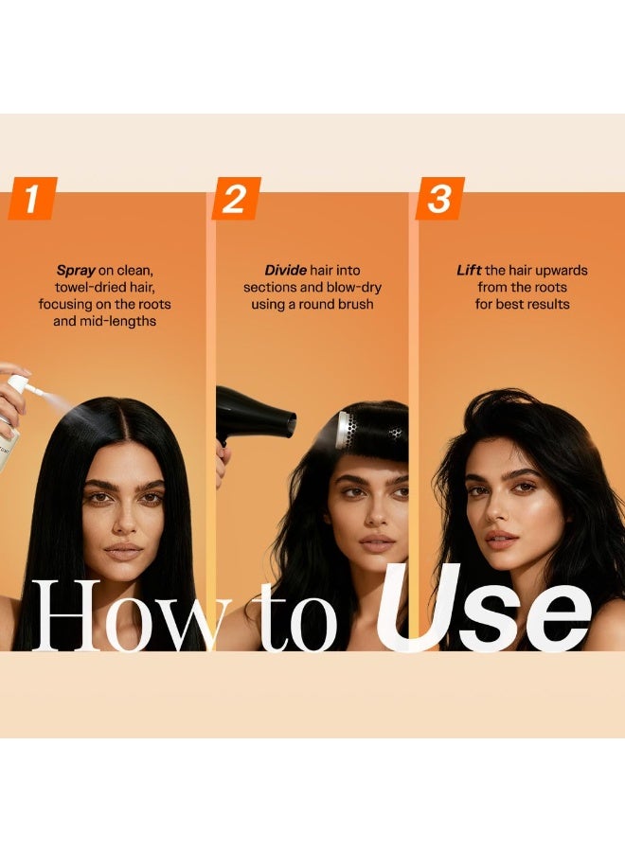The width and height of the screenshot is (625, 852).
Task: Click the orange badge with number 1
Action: [x=32, y=199]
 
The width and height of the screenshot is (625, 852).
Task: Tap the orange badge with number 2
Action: [x=236, y=199]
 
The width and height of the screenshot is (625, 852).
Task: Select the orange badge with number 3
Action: [x=439, y=199]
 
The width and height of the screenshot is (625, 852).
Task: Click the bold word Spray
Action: [x=76, y=271]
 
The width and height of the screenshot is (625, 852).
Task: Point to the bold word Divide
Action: [x=285, y=270]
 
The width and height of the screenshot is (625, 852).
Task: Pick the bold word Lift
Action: [x=469, y=270]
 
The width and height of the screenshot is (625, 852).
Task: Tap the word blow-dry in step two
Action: [x=354, y=288]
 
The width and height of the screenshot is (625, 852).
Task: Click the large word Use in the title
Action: [x=484, y=608]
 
